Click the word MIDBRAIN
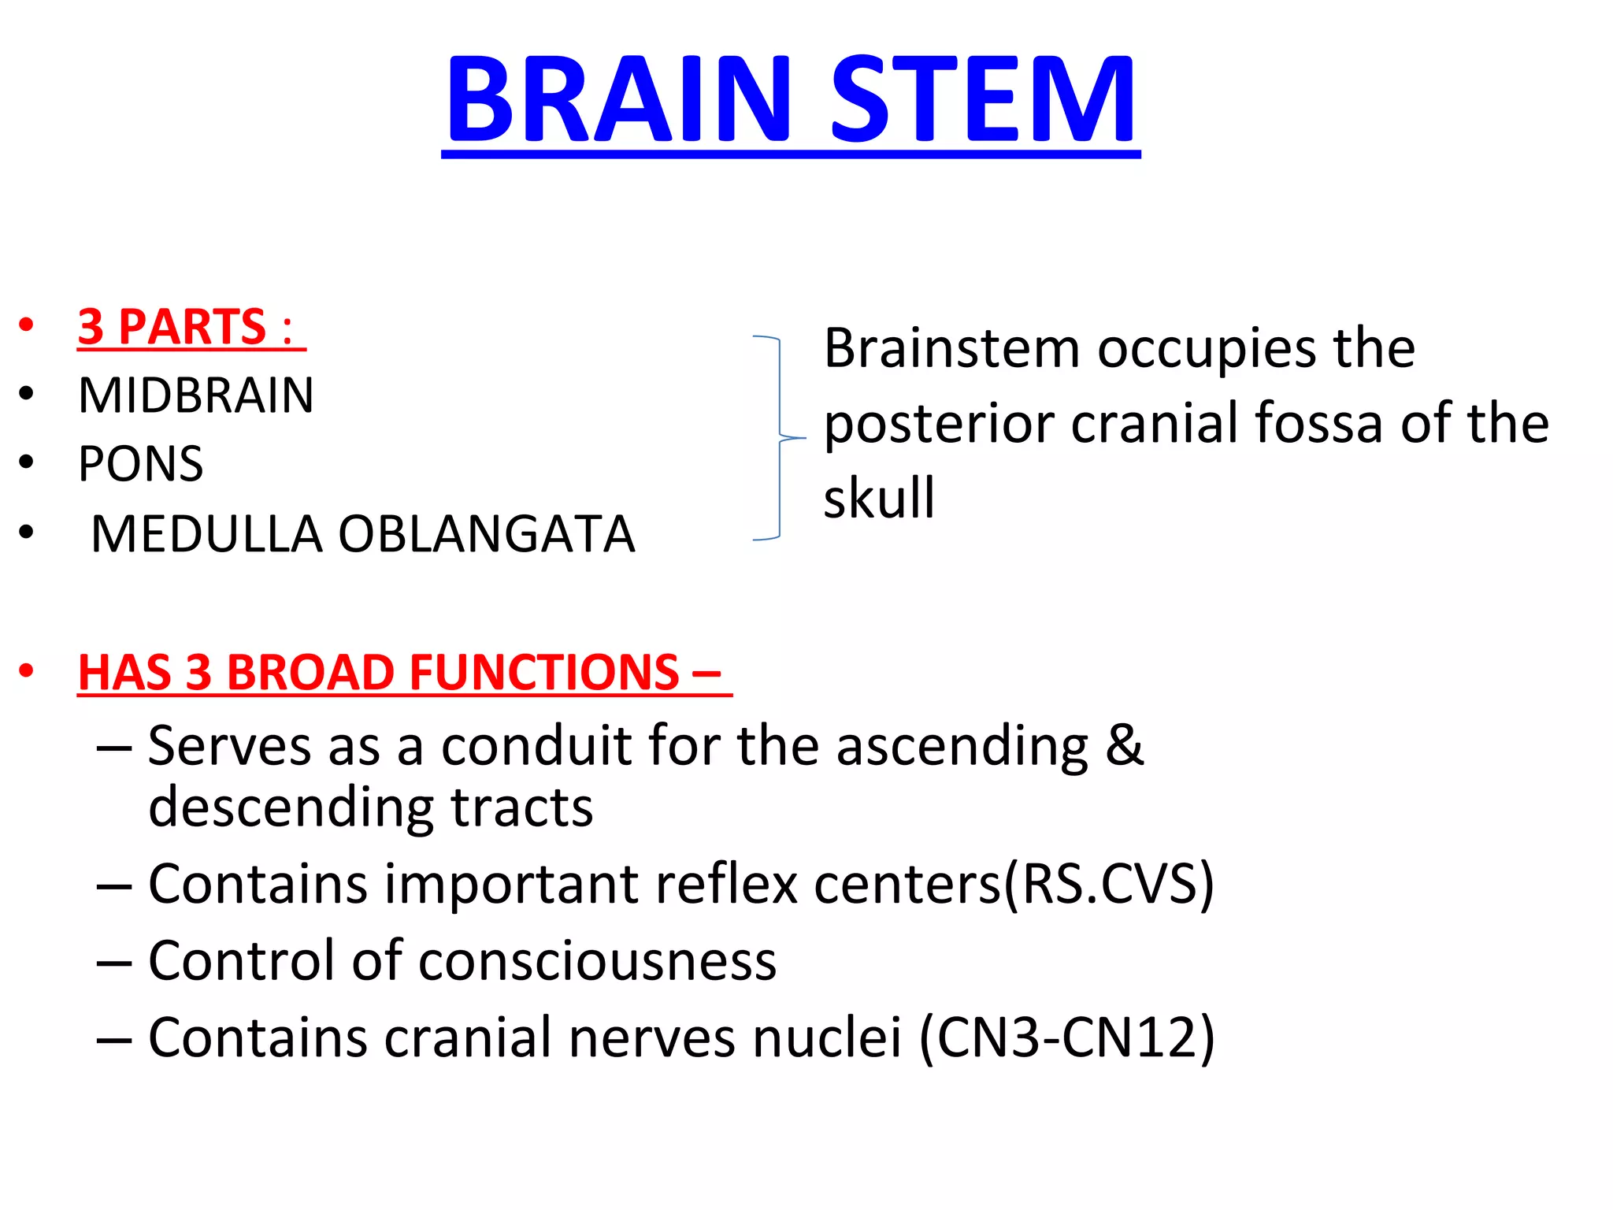click(x=196, y=395)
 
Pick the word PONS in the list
click(x=141, y=463)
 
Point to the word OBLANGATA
click(x=486, y=534)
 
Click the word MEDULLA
click(x=206, y=534)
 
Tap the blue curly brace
click(x=779, y=438)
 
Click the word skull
click(x=879, y=498)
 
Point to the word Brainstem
click(x=951, y=347)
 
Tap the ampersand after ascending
click(x=1124, y=744)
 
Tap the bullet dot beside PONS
click(x=27, y=463)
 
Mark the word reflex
click(x=726, y=884)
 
